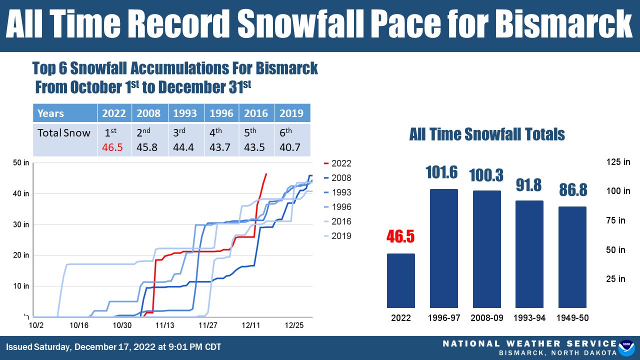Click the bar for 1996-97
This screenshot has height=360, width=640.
tap(443, 248)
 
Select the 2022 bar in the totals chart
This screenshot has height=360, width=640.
tap(400, 280)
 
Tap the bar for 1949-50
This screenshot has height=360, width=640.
tap(572, 257)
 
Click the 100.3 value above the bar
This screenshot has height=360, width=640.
tap(486, 175)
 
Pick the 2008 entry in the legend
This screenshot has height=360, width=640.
tap(338, 178)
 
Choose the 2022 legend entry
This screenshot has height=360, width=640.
tap(338, 163)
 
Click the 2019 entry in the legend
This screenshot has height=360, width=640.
tap(338, 236)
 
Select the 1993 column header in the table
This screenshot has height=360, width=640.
tap(186, 113)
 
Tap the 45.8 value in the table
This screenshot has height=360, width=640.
tap(149, 148)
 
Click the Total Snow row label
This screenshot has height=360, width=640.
tap(64, 133)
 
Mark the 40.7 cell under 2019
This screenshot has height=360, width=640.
tap(292, 148)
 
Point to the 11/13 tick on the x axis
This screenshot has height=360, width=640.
tap(165, 325)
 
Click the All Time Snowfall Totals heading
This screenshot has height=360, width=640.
tap(486, 134)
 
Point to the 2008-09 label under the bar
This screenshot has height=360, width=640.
tap(486, 318)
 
